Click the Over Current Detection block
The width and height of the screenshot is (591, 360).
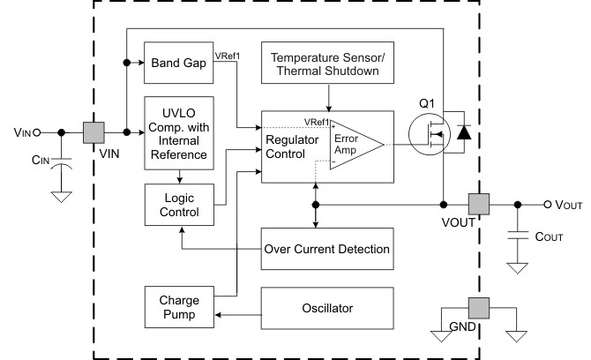tap(326, 249)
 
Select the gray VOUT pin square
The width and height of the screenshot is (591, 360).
tap(479, 205)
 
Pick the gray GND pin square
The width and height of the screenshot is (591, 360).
tap(479, 311)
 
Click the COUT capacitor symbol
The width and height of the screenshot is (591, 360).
tap(518, 236)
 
